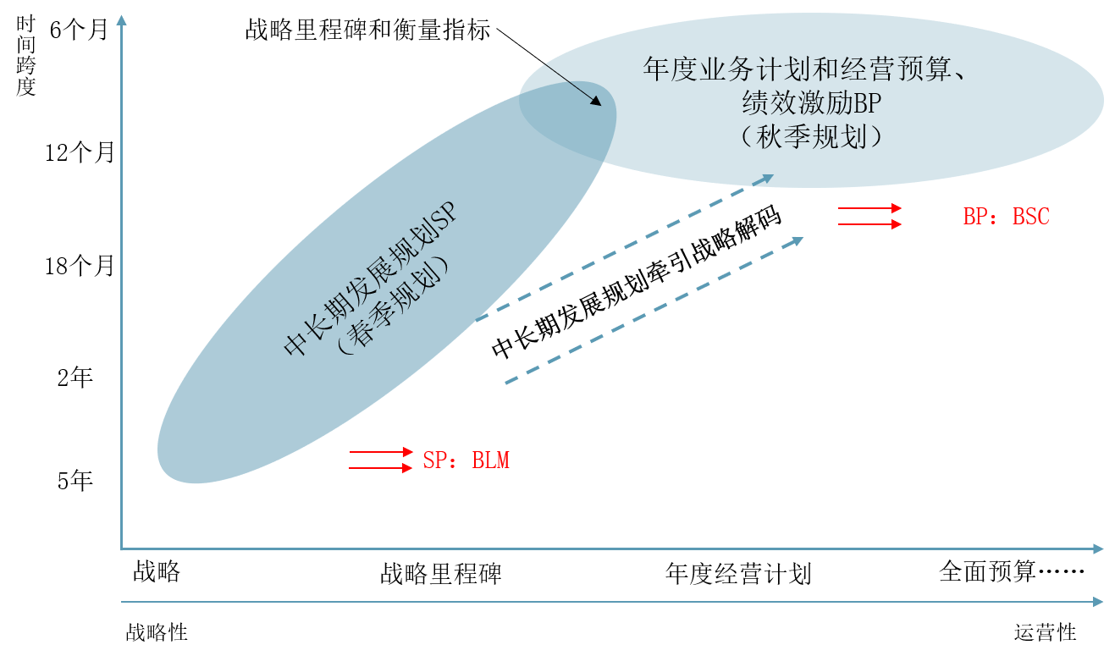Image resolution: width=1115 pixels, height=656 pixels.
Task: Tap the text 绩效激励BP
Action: [811, 103]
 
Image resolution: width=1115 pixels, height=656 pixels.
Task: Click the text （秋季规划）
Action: [811, 136]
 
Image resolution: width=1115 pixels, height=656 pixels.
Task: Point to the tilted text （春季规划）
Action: [392, 312]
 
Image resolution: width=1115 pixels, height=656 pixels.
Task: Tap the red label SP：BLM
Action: [466, 460]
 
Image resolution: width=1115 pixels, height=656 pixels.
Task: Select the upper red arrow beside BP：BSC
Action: [869, 208]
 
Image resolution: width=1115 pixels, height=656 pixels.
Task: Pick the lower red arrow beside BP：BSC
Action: [869, 224]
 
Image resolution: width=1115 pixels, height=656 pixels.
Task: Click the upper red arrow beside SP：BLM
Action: [381, 453]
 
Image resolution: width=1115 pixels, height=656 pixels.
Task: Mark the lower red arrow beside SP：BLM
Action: [381, 468]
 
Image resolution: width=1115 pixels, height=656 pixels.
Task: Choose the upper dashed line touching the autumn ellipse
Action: [610, 254]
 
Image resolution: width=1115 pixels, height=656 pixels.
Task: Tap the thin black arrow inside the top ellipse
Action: [572, 84]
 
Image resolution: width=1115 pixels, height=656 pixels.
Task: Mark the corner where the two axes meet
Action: [122, 549]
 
